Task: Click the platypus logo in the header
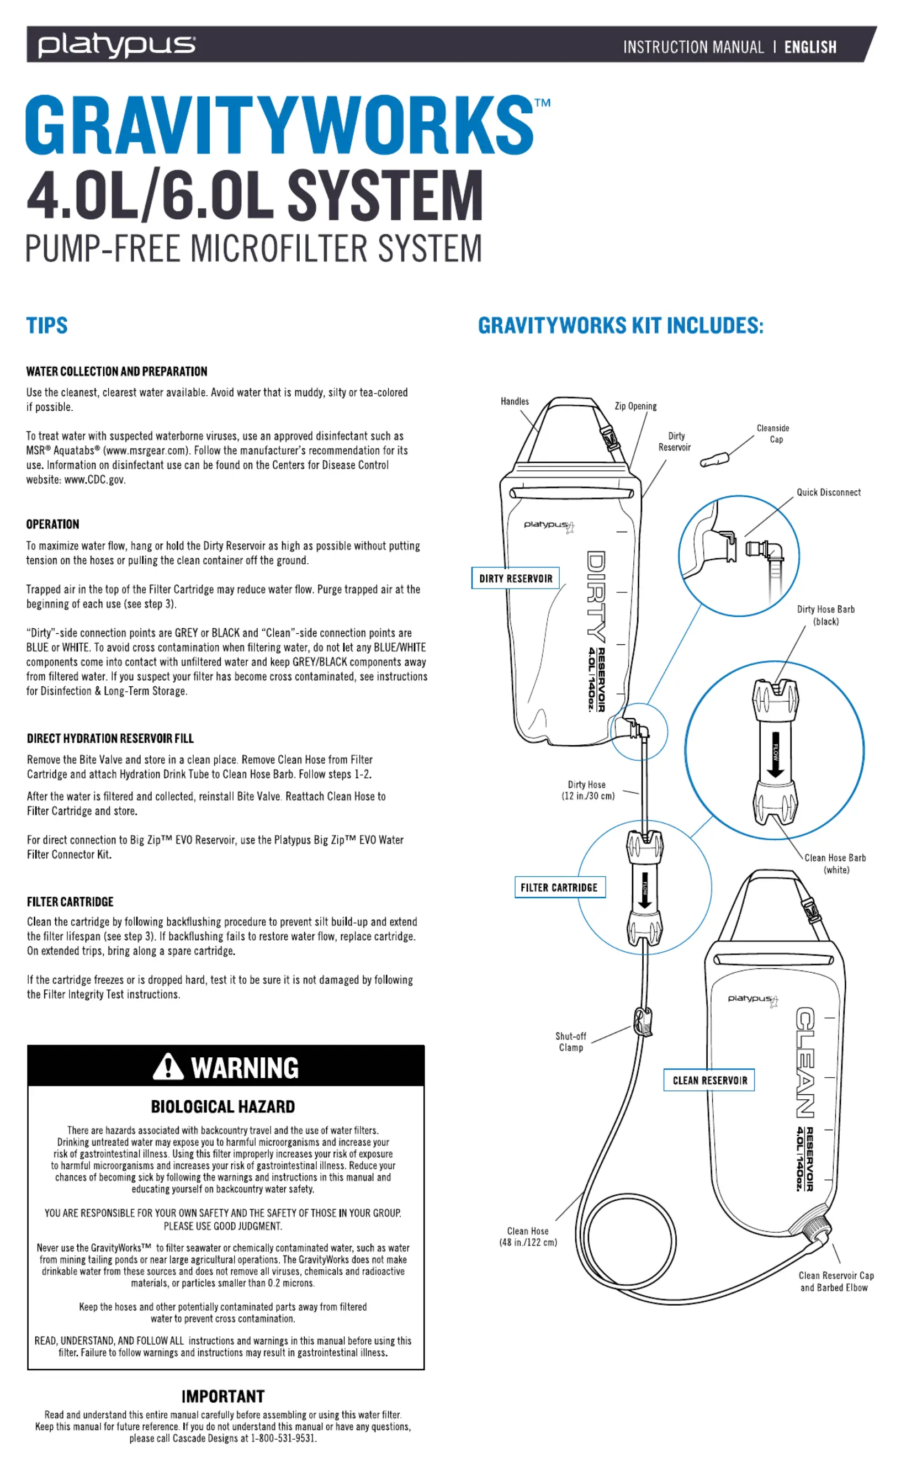(x=116, y=45)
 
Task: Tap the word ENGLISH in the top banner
(x=809, y=47)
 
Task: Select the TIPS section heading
(x=47, y=326)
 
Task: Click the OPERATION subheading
(x=52, y=524)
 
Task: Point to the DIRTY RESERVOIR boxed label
(x=515, y=578)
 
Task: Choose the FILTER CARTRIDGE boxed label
(x=559, y=887)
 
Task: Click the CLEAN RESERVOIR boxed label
(x=709, y=1080)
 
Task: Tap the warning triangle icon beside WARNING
(x=167, y=1066)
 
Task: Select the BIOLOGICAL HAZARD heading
(x=223, y=1106)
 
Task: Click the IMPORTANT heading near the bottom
(x=223, y=1396)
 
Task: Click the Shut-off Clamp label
(x=570, y=1041)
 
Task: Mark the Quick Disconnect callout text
(x=828, y=492)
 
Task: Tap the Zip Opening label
(x=635, y=406)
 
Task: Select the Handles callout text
(x=515, y=401)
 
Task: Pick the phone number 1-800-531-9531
(x=283, y=1438)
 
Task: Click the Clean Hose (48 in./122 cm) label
(x=528, y=1237)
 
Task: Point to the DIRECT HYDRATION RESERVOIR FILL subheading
(x=110, y=738)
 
